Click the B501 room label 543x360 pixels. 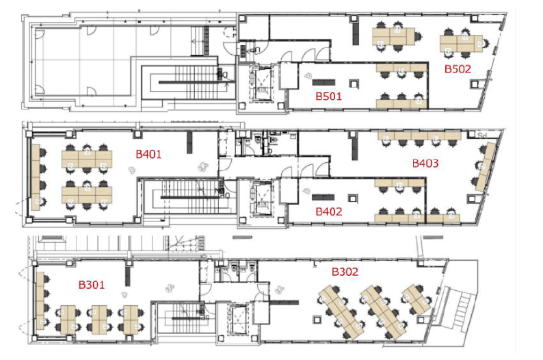[x=328, y=97]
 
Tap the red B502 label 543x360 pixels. [x=458, y=68]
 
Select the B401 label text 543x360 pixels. [x=148, y=155]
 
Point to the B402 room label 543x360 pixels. [x=328, y=212]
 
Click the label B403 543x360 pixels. [x=425, y=164]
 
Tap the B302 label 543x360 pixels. [x=345, y=272]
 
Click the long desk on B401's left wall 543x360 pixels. [x=36, y=177]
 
